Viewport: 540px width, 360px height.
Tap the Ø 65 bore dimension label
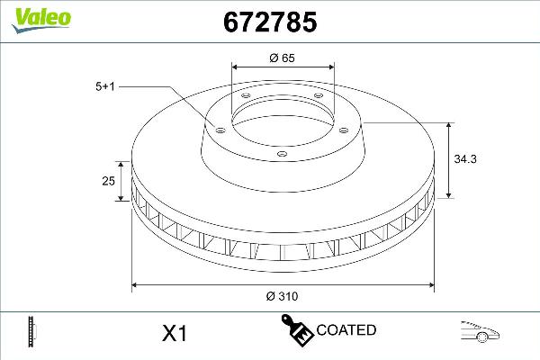click(283, 58)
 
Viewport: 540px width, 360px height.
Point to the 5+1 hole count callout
click(106, 85)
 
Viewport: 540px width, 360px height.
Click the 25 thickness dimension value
click(108, 181)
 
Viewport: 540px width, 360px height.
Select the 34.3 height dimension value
click(465, 158)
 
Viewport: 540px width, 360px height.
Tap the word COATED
click(346, 330)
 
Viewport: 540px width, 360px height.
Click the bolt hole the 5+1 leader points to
click(217, 128)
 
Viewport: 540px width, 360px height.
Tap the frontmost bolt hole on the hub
click(281, 154)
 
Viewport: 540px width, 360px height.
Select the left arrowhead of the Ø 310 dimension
click(136, 286)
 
